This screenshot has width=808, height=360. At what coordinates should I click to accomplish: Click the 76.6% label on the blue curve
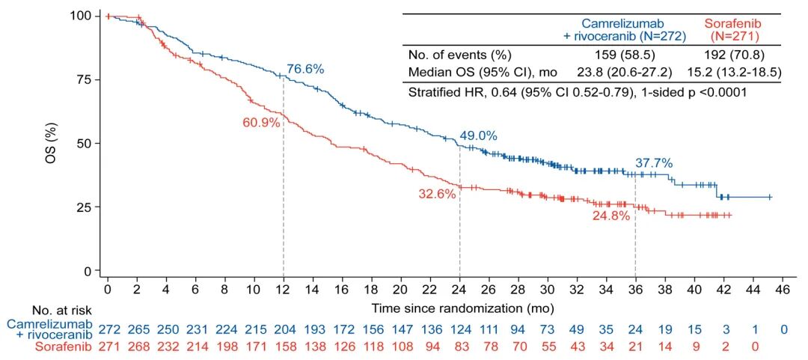(305, 69)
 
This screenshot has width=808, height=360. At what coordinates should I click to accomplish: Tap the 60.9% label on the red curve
(261, 123)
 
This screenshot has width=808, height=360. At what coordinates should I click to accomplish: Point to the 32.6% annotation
(436, 193)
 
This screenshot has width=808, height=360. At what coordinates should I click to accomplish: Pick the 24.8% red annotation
(611, 216)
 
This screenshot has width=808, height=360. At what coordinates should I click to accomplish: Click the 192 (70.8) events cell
(733, 55)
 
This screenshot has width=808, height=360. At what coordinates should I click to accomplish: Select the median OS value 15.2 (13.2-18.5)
(733, 73)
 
